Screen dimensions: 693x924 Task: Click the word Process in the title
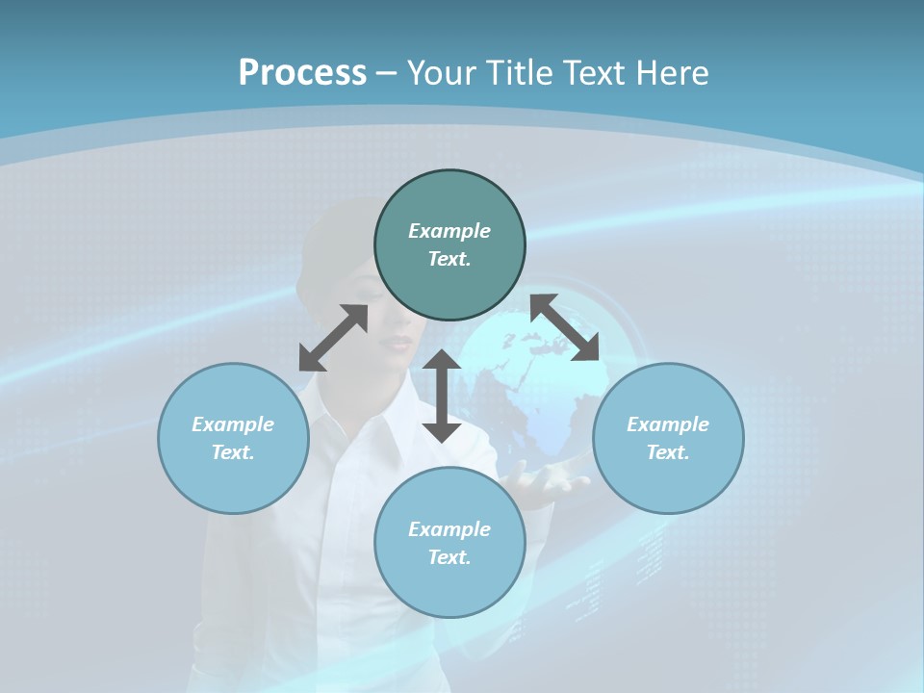click(302, 73)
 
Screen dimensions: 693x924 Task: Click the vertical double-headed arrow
click(442, 397)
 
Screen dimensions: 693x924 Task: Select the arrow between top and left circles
click(333, 338)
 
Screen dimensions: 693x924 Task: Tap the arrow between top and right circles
click(565, 328)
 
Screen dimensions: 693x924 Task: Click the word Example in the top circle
click(449, 231)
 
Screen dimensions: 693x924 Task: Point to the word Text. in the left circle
click(233, 452)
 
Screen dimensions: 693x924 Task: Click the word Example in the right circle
click(668, 424)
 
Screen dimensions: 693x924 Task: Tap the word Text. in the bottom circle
click(449, 557)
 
